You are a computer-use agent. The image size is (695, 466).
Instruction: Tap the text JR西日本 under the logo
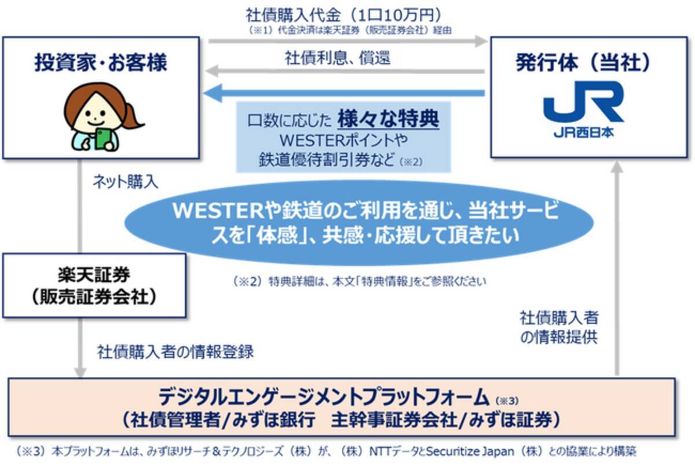point(583,132)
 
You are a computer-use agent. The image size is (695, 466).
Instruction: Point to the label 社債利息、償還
point(338,57)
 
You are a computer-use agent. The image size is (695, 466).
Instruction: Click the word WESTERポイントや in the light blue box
point(343,141)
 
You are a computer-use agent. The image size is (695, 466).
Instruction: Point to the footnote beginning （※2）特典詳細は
point(359,282)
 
